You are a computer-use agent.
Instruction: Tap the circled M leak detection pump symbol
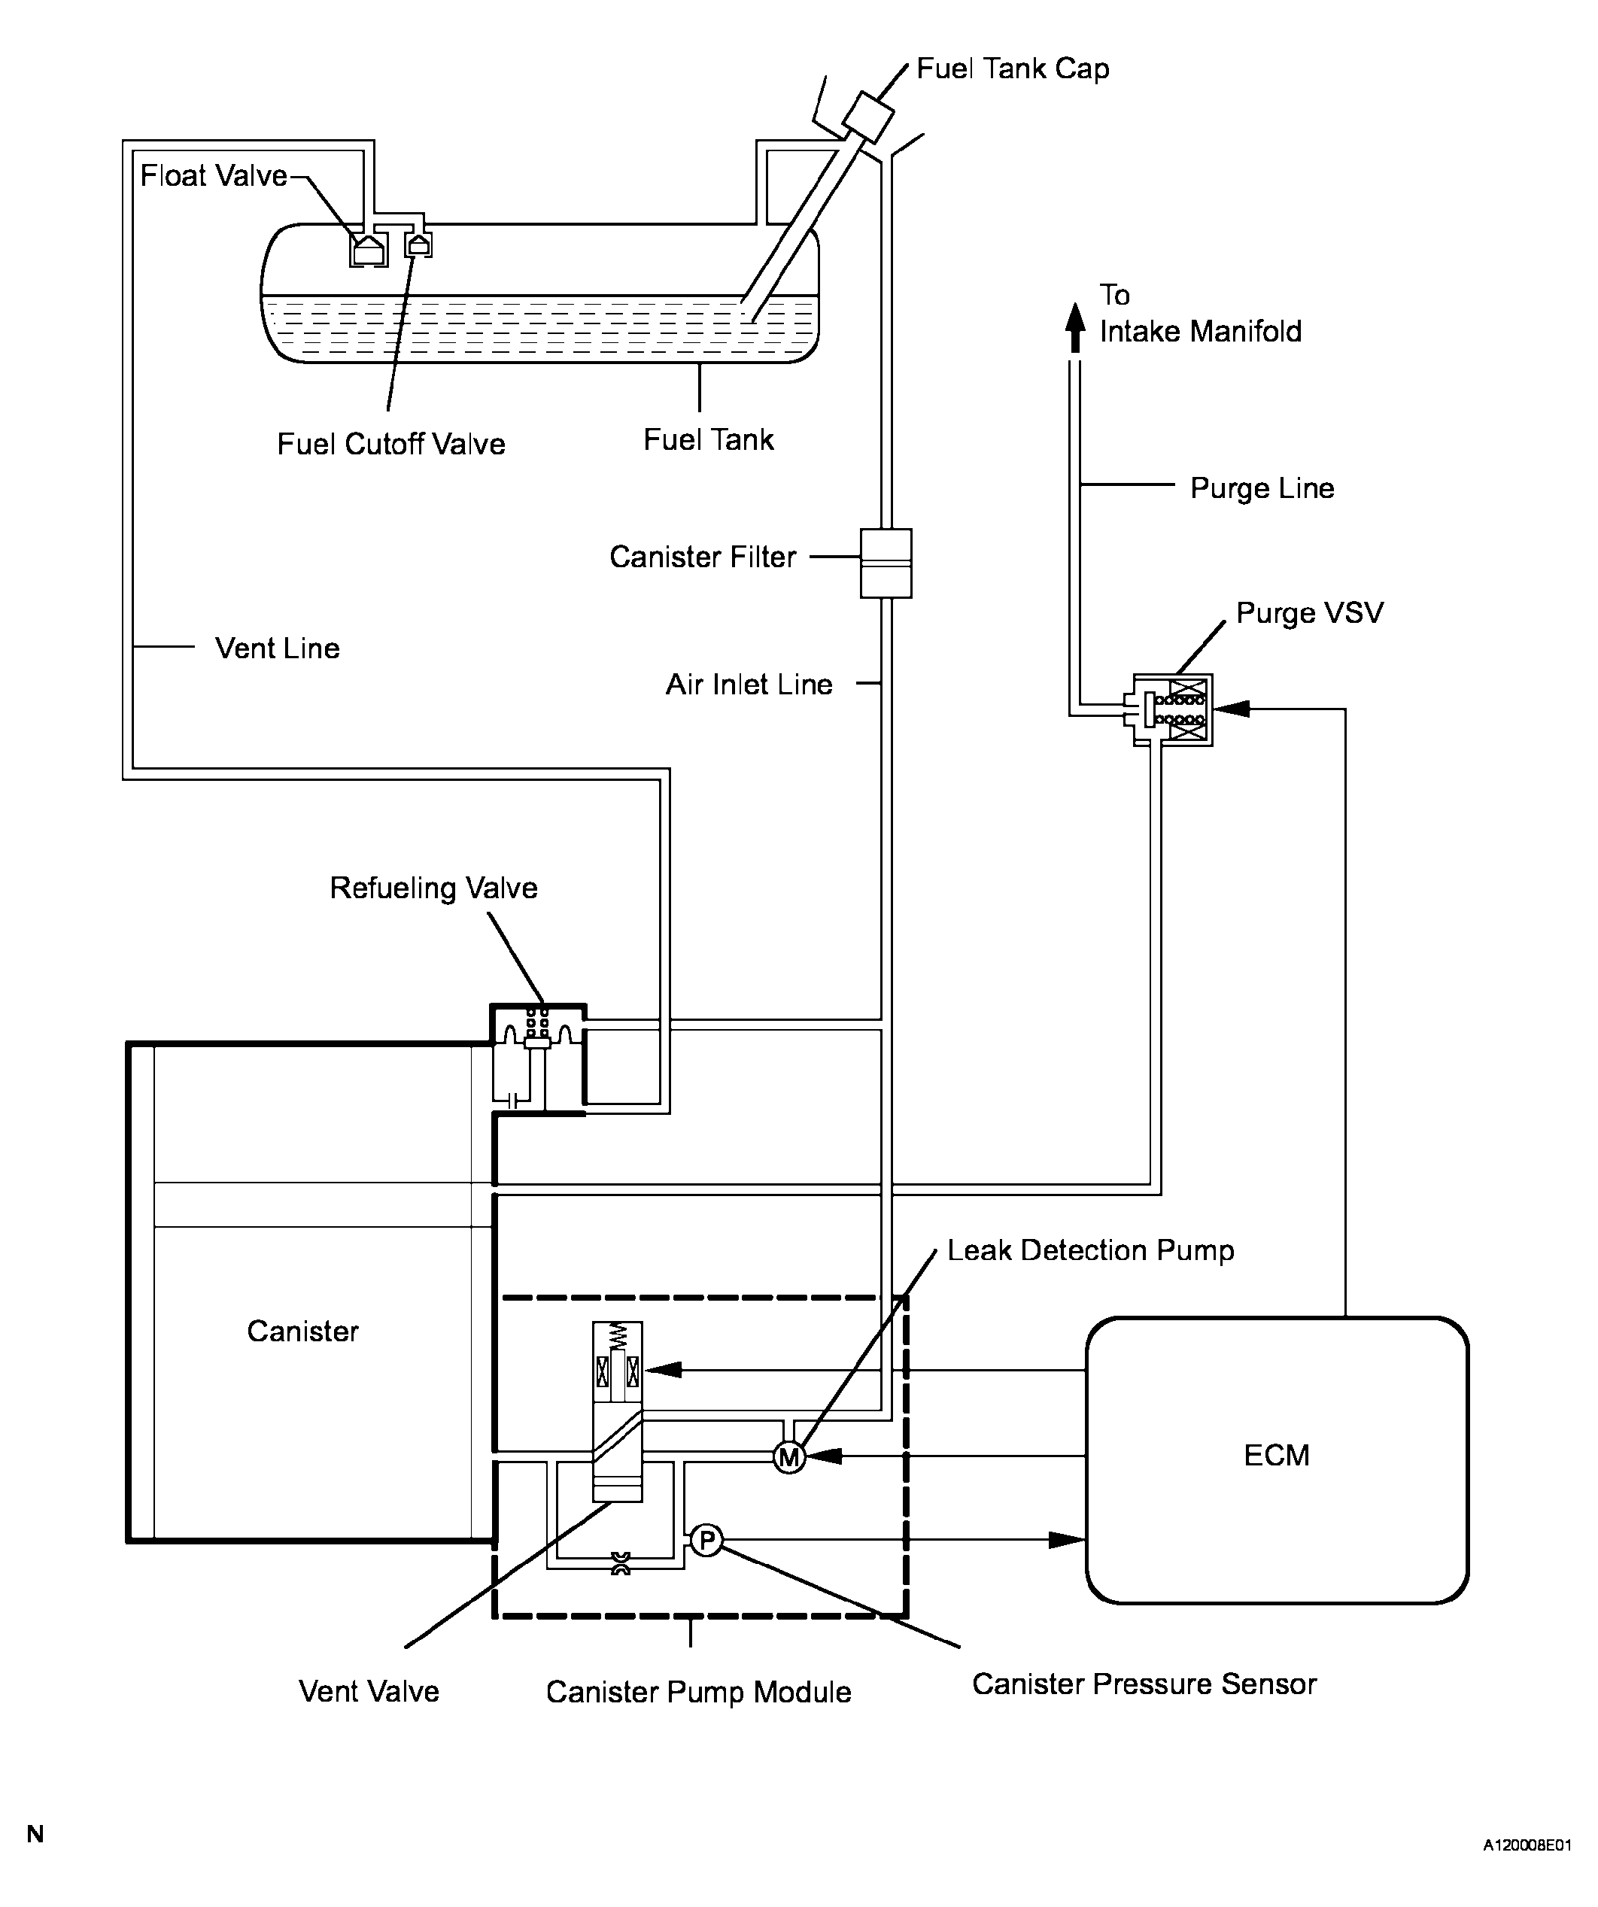789,1457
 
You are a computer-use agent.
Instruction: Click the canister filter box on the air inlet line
886,563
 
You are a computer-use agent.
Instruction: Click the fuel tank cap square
868,117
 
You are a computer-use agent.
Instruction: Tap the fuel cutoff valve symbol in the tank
418,244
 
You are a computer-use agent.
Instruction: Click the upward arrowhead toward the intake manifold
1075,327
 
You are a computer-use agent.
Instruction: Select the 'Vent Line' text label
278,648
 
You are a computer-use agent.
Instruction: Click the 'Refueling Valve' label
434,888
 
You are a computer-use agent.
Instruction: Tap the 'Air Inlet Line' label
749,684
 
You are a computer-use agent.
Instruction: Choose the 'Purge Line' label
1262,488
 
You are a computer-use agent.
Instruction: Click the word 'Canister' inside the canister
303,1332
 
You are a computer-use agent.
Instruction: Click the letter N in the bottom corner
35,1833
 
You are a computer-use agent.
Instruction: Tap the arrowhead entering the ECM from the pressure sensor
1067,1539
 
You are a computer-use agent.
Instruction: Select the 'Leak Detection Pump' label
1090,1250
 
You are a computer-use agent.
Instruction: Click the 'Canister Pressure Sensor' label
1144,1684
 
